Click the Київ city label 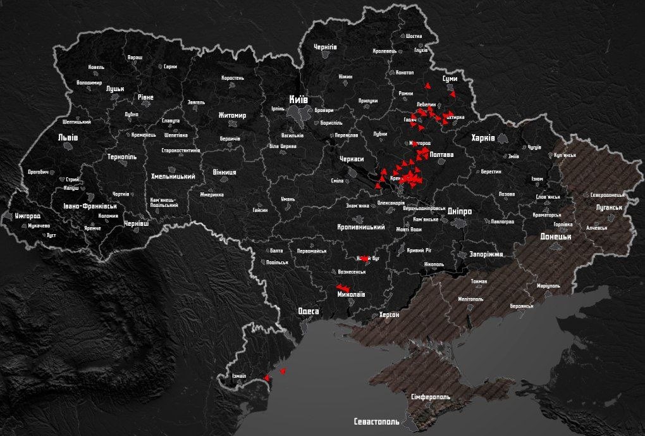pos(298,99)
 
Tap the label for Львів pos(68,137)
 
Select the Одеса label pos(309,311)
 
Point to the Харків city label pos(482,137)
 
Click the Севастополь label pos(377,421)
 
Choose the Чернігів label pos(325,47)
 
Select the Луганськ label pos(608,208)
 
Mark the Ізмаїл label pos(238,376)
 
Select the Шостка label pos(414,36)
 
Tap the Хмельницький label pos(172,177)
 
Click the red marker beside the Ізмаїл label pos(266,378)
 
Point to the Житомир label pos(231,115)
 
